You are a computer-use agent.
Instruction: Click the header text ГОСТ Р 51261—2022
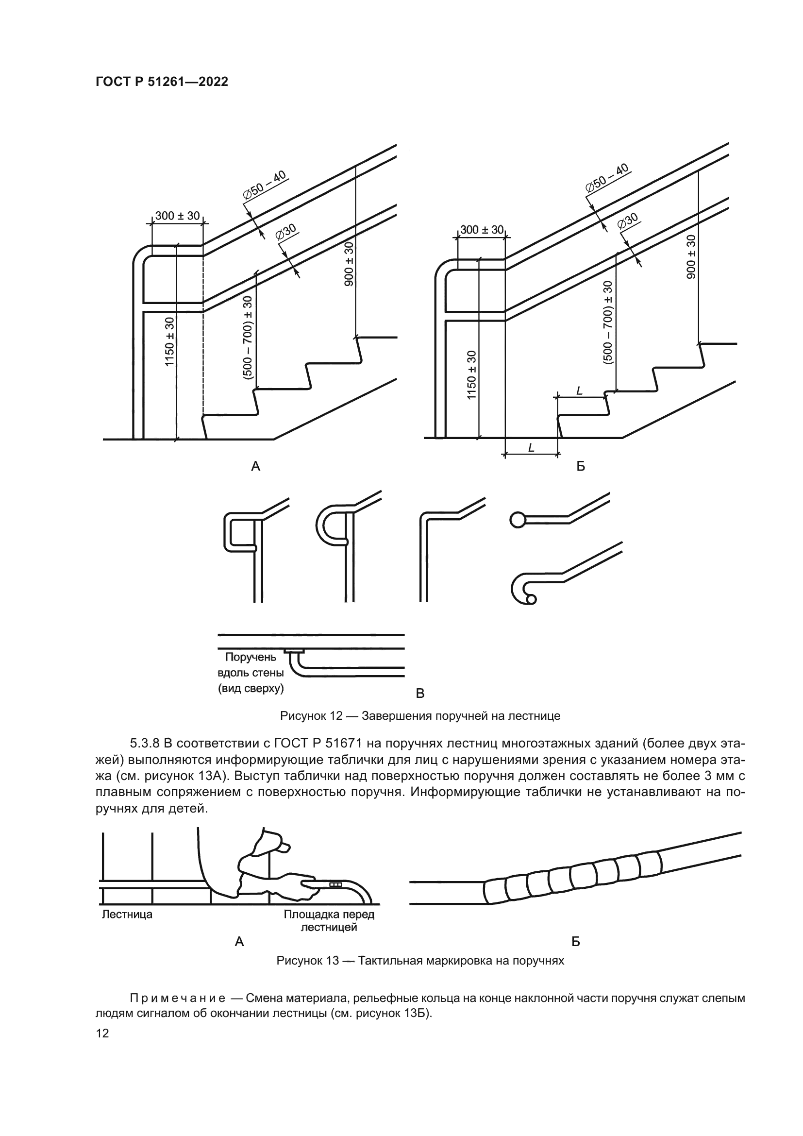(162, 82)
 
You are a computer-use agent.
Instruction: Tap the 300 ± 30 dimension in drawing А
(178, 216)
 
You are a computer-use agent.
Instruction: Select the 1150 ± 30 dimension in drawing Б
(472, 374)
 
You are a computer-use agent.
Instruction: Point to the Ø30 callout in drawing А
(286, 232)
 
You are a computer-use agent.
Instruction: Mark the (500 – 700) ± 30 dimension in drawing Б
(608, 322)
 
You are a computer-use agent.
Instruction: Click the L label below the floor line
(531, 448)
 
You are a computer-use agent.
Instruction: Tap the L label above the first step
(580, 391)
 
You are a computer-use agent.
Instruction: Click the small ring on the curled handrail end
(531, 600)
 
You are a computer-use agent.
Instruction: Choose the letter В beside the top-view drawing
(420, 694)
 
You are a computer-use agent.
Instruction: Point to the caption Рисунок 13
(420, 961)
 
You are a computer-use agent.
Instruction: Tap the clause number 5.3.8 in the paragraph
(145, 744)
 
